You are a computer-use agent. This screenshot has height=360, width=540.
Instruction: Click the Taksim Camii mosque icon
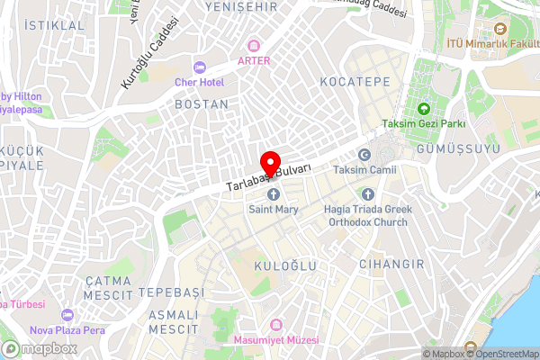coord(364,155)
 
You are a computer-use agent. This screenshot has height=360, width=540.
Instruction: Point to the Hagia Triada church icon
coord(366,193)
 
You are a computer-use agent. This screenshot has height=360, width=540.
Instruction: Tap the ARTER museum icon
coord(254,45)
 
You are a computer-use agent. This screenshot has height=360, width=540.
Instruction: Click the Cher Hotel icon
coord(200,67)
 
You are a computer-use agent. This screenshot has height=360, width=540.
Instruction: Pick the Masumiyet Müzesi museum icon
coord(277,324)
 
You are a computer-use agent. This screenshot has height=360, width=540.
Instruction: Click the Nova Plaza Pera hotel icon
coord(68,315)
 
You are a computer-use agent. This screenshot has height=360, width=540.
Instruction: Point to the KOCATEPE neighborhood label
coord(355,81)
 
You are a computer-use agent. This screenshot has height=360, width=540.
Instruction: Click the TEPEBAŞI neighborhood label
coord(169,293)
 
